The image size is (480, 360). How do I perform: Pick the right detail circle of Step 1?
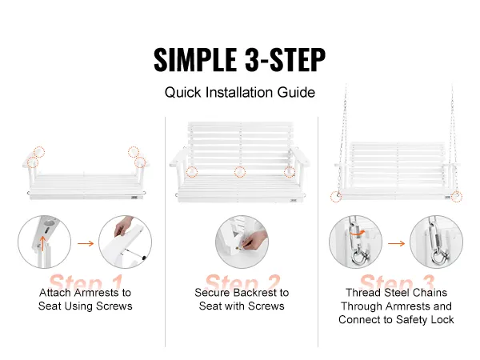pyautogui.click(x=125, y=240)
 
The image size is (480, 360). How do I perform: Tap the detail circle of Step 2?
pyautogui.click(x=241, y=240)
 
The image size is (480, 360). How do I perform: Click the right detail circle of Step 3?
pyautogui.click(x=435, y=240)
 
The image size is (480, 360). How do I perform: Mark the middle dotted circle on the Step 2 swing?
pyautogui.click(x=240, y=171)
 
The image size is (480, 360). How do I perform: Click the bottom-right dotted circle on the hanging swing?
pyautogui.click(x=457, y=196)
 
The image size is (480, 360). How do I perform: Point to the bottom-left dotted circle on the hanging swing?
pyautogui.click(x=339, y=195)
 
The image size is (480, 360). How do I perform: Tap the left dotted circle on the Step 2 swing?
pyautogui.click(x=192, y=171)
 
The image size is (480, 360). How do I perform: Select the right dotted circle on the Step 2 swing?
pyautogui.click(x=290, y=171)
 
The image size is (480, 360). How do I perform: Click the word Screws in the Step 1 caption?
pyautogui.click(x=114, y=306)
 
